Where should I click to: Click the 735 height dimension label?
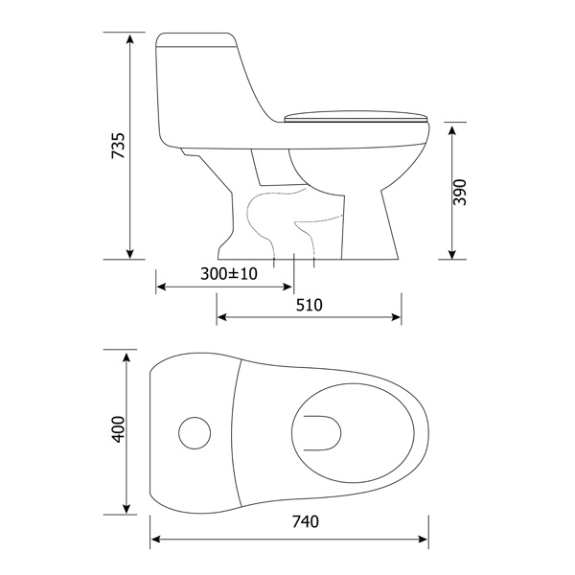[x=118, y=146]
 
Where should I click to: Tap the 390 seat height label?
[x=459, y=193]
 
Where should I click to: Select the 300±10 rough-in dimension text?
[x=229, y=273]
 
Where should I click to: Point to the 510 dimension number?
[x=310, y=305]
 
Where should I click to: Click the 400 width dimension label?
[x=118, y=429]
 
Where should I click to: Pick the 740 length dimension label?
[x=305, y=521]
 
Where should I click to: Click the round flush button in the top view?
[x=195, y=433]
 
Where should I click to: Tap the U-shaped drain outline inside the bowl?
[x=323, y=433]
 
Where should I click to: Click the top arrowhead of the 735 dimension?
[x=129, y=38]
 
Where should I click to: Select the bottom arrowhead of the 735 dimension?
[x=129, y=254]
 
